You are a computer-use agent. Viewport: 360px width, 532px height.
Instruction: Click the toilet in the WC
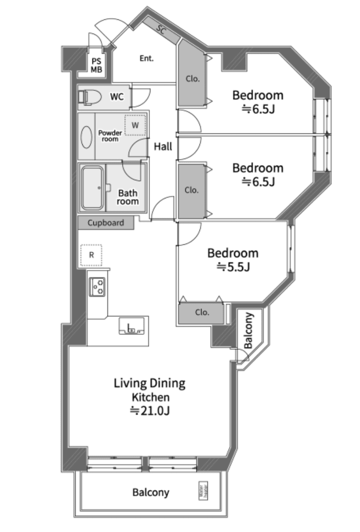pyautogui.click(x=90, y=97)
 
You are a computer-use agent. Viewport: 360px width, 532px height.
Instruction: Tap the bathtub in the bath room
pyautogui.click(x=93, y=188)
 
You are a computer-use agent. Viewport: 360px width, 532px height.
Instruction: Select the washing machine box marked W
pyautogui.click(x=135, y=125)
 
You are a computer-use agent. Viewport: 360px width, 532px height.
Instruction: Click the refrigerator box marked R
pyautogui.click(x=91, y=255)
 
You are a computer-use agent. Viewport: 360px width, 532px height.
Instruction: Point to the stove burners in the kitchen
pyautogui.click(x=97, y=287)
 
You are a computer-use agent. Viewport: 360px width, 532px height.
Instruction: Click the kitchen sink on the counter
pyautogui.click(x=132, y=326)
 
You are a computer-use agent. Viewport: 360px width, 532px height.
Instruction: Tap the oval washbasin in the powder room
pyautogui.click(x=86, y=137)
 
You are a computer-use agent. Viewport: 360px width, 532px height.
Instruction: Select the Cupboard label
pyautogui.click(x=106, y=223)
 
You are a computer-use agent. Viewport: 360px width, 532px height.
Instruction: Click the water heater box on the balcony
pyautogui.click(x=203, y=491)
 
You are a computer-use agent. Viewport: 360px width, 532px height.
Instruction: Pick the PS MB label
pyautogui.click(x=96, y=65)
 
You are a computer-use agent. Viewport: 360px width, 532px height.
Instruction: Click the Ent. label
pyautogui.click(x=147, y=59)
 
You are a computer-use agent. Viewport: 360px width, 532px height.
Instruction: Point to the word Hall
pyautogui.click(x=163, y=147)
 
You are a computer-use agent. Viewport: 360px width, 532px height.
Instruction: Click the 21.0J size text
pyautogui.click(x=150, y=411)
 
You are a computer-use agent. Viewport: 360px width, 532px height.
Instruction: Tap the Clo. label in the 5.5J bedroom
pyautogui.click(x=202, y=312)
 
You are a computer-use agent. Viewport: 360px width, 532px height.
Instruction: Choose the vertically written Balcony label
pyautogui.click(x=249, y=331)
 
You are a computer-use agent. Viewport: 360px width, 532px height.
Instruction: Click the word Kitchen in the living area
pyautogui.click(x=151, y=397)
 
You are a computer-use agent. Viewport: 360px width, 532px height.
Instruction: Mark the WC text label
pyautogui.click(x=117, y=97)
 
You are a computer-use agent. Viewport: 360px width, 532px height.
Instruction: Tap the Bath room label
pyautogui.click(x=128, y=197)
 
